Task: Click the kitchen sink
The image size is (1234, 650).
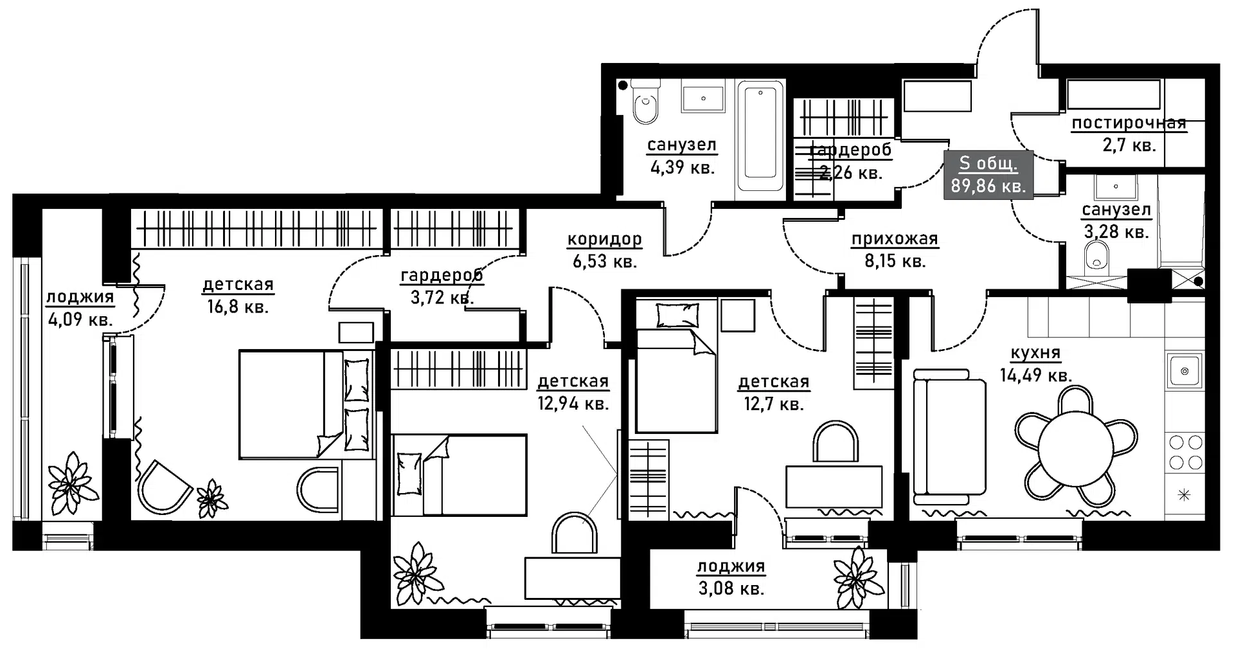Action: [1184, 370]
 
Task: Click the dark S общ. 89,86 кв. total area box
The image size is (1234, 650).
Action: [988, 175]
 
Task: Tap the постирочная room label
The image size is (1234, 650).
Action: [1129, 123]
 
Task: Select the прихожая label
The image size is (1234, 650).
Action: [895, 239]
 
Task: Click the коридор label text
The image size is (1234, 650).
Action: [604, 239]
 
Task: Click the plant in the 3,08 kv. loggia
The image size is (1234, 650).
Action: [859, 577]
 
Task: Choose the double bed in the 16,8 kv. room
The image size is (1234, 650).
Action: [307, 404]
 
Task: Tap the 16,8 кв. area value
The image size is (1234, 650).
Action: [238, 307]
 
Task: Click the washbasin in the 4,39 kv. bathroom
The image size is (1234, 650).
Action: [704, 98]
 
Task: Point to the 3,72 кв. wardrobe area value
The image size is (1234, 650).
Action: [442, 298]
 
